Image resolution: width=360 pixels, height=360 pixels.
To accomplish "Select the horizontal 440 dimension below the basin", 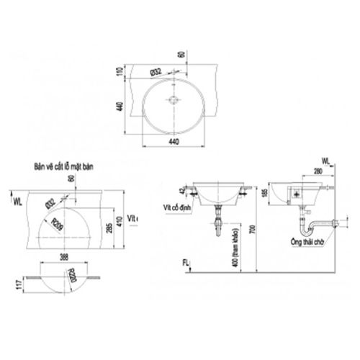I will point(173,143).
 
